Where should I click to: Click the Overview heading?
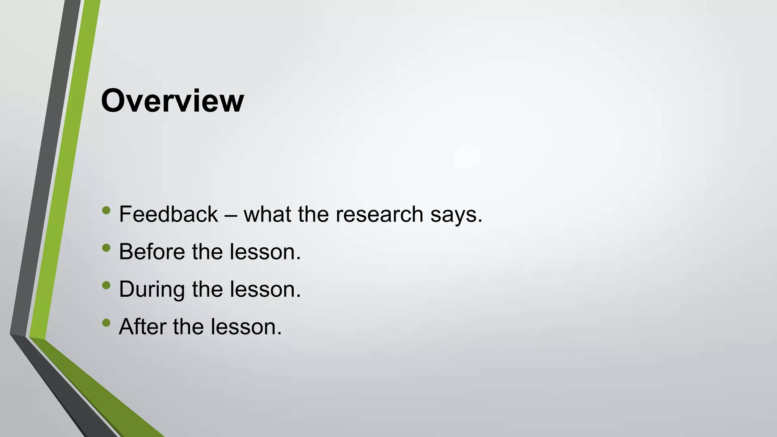click(x=172, y=101)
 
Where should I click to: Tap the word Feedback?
click(x=168, y=214)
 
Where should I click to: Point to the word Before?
click(x=152, y=252)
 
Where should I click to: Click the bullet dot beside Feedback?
click(x=106, y=210)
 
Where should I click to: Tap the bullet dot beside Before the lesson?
click(x=106, y=248)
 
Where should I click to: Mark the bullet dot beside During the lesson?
click(x=106, y=285)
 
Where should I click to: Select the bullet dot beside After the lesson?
click(x=106, y=323)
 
